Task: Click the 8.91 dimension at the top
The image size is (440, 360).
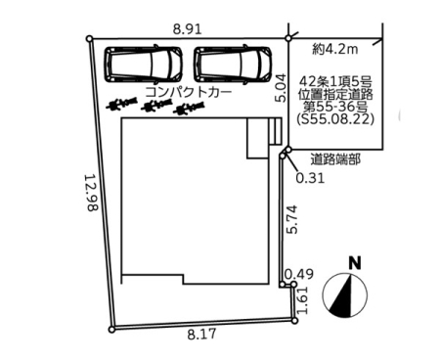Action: pos(187,29)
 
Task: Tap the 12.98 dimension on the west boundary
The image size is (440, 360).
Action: pos(91,193)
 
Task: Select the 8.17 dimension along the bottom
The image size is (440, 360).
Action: pos(201,334)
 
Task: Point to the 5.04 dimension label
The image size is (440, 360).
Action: pos(281,88)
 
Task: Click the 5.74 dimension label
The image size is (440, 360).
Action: pos(291,219)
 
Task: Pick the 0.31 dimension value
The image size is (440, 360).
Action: pos(310,178)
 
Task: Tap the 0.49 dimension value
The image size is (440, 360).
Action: pos(299,274)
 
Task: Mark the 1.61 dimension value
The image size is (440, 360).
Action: pos(302,300)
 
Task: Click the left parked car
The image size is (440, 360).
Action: pos(143,65)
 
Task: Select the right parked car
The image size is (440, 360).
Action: pos(233,65)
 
